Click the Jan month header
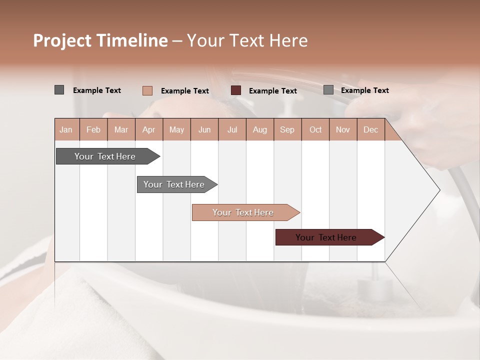pyautogui.click(x=66, y=129)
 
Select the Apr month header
pyautogui.click(x=149, y=129)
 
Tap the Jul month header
pyautogui.click(x=232, y=129)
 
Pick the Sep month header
pyautogui.click(x=287, y=129)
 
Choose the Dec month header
pyautogui.click(x=370, y=129)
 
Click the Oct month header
pyautogui.click(x=315, y=129)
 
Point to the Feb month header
pyautogui.click(x=93, y=129)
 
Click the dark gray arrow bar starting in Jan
pyautogui.click(x=105, y=156)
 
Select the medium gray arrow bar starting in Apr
pyautogui.click(x=174, y=184)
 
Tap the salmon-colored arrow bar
pyautogui.click(x=243, y=212)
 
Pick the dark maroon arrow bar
pyautogui.click(x=326, y=237)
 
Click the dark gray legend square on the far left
pyautogui.click(x=59, y=90)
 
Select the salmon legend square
pyautogui.click(x=147, y=90)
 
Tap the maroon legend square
pyautogui.click(x=236, y=90)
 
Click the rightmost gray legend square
pyautogui.click(x=328, y=90)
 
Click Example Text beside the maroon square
pyautogui.click(x=272, y=91)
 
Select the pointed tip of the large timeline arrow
pyautogui.click(x=438, y=190)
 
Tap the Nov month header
pyautogui.click(x=343, y=129)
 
